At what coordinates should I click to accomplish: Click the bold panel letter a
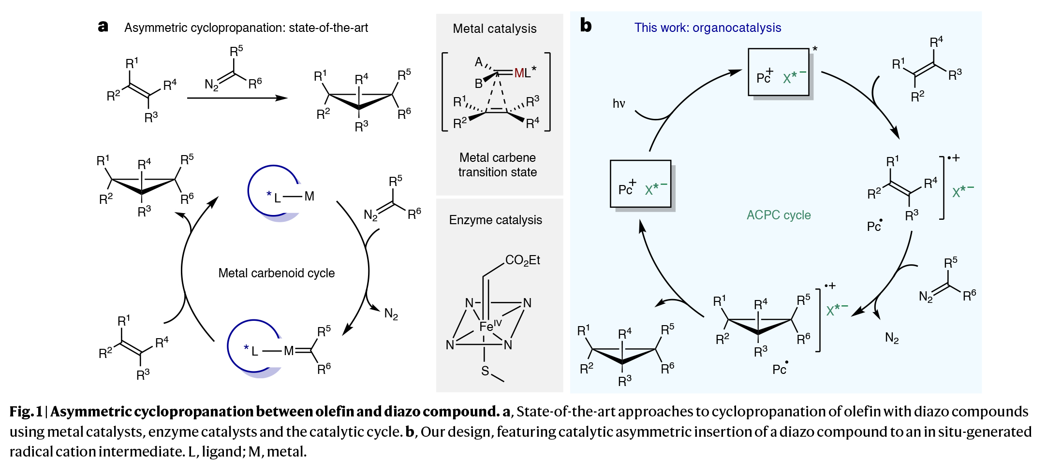[103, 27]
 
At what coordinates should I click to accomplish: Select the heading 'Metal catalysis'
[494, 29]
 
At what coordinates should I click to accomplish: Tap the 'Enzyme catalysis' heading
[495, 220]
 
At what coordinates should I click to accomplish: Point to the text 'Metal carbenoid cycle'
[276, 273]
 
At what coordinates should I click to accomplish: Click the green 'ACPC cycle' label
[779, 215]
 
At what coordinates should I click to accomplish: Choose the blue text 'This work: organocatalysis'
[708, 28]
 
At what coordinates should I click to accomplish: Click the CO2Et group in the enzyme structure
[522, 260]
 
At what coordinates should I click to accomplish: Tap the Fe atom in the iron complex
[487, 327]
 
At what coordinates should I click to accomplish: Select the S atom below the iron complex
[485, 371]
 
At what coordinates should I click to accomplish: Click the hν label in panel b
[619, 104]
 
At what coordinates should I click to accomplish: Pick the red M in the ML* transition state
[519, 73]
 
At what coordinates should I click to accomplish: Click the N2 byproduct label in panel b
[892, 338]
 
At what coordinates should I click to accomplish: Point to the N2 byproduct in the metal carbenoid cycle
[391, 314]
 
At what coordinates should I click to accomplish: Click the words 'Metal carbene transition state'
[497, 165]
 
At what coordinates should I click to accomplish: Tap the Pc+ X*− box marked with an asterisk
[779, 72]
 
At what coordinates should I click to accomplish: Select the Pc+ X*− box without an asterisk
[640, 184]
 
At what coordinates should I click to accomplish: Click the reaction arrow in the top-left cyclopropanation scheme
[237, 98]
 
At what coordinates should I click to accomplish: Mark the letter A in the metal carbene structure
[478, 62]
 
